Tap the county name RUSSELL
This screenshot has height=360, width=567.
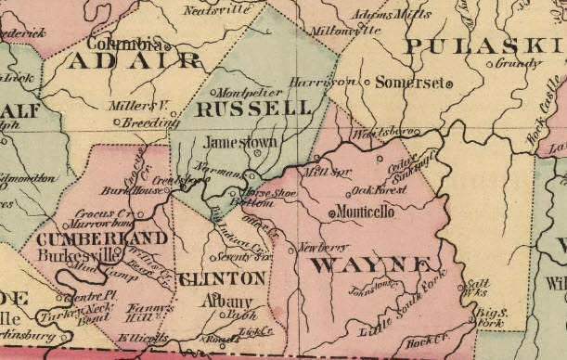(x=253, y=109)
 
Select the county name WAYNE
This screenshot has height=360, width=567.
(x=372, y=266)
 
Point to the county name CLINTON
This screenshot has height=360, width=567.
(x=221, y=278)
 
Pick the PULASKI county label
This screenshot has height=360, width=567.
(x=486, y=46)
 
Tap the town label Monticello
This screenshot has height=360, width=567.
(x=365, y=212)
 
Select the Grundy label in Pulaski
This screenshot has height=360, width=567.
(x=517, y=64)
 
